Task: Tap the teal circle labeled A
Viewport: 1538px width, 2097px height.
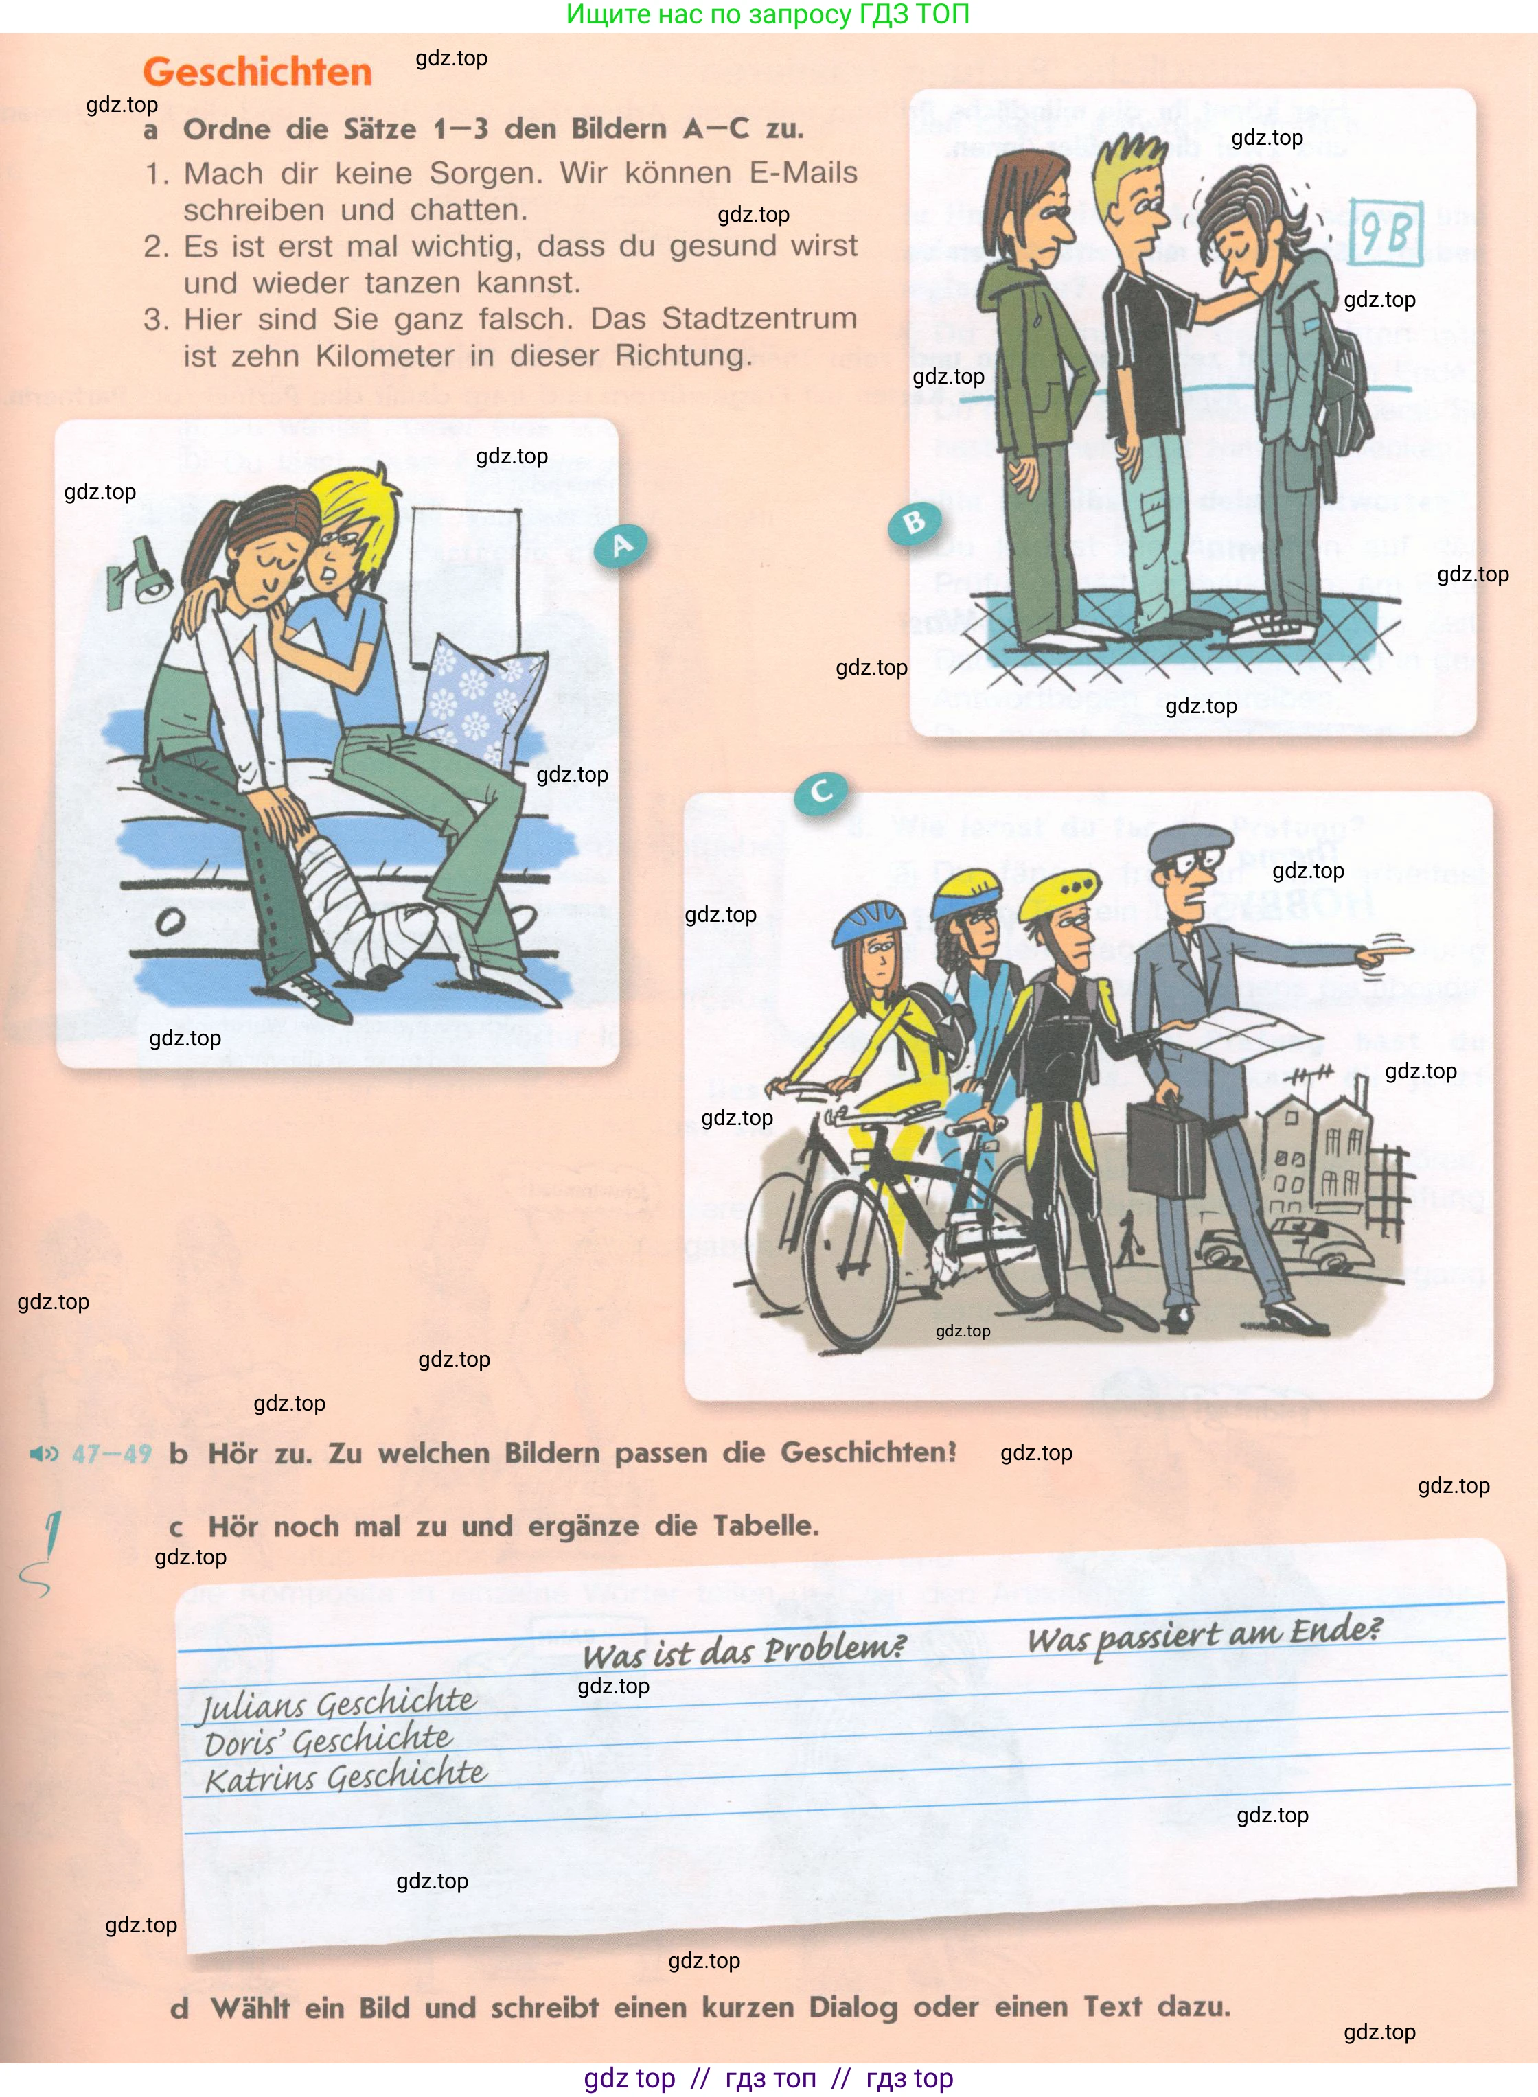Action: coord(621,546)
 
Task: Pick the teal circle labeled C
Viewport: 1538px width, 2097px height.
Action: coord(820,792)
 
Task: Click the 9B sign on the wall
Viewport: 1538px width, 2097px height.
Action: coord(1386,231)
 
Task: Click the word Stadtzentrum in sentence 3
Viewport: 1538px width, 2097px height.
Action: coord(759,318)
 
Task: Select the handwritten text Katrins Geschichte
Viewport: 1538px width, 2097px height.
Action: coord(345,1777)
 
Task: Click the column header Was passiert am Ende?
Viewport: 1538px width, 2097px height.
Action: coord(1204,1635)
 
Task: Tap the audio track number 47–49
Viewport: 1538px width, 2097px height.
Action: coord(112,1454)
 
